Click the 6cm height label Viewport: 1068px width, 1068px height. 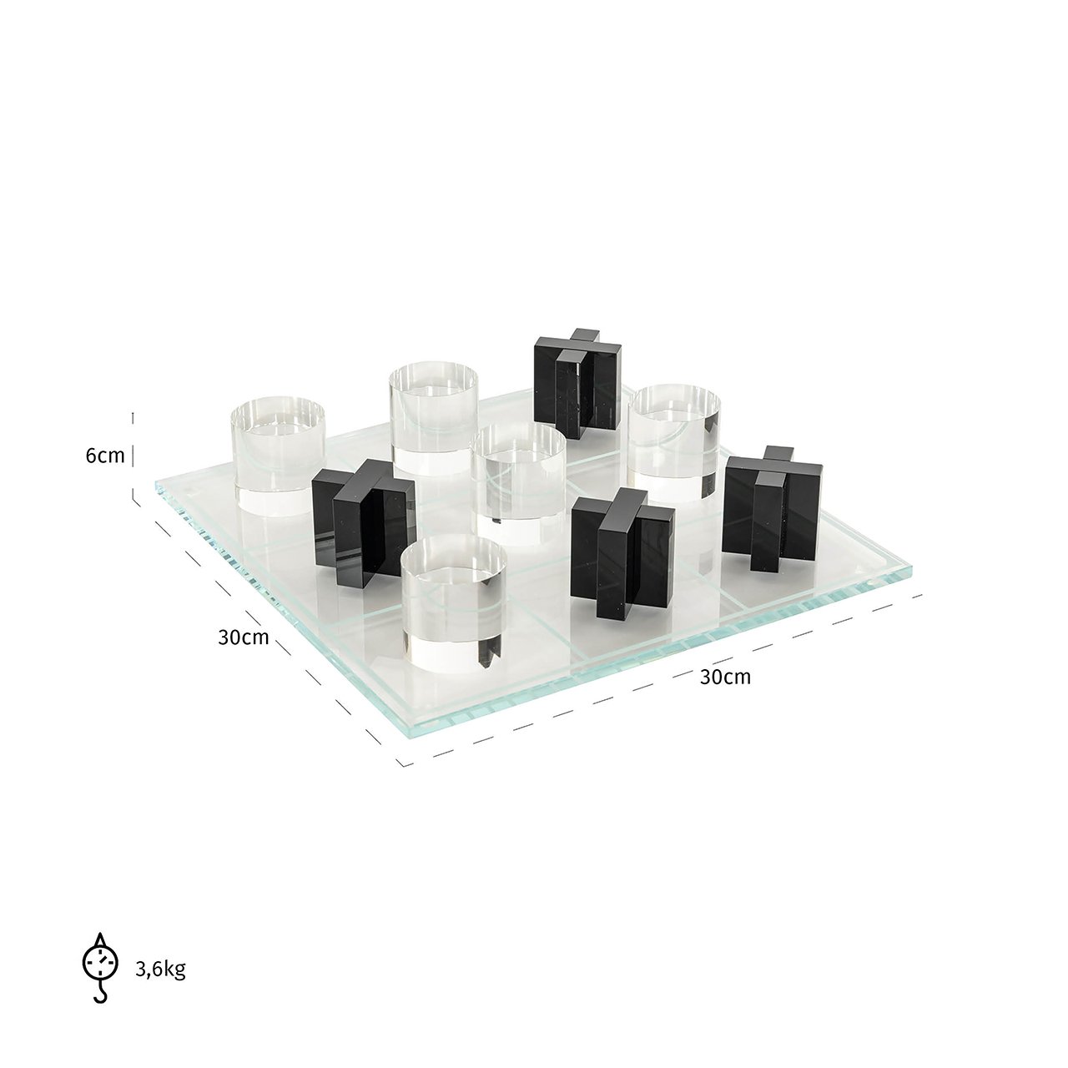point(104,456)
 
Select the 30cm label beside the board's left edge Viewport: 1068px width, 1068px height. point(244,637)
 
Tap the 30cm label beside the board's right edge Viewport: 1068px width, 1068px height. point(724,677)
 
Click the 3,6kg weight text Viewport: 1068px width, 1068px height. point(160,969)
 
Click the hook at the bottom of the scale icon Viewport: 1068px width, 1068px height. point(101,995)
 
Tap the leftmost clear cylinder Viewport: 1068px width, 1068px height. point(278,455)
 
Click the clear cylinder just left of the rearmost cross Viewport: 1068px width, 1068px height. point(434,417)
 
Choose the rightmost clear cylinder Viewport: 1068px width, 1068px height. point(674,438)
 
